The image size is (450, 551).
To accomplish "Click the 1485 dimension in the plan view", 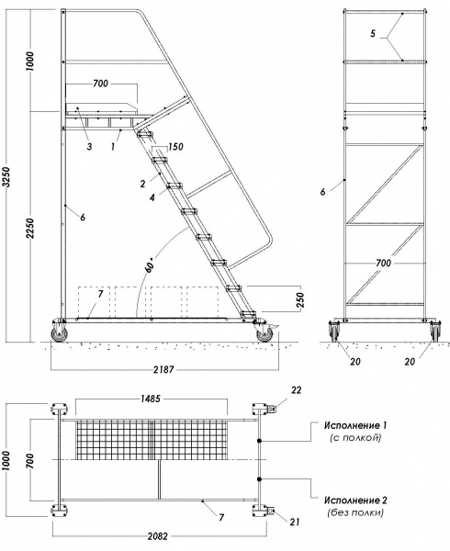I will (151, 399).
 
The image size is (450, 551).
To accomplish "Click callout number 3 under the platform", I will (87, 146).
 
